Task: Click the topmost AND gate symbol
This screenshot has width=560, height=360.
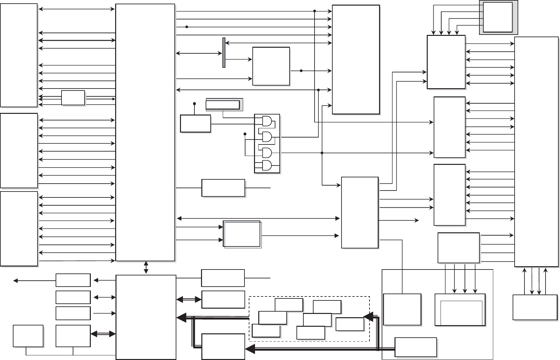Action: click(267, 121)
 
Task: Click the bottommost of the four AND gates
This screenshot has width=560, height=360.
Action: click(267, 166)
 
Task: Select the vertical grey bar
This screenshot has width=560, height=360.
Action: click(224, 53)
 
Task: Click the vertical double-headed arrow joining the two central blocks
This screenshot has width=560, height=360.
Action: click(146, 268)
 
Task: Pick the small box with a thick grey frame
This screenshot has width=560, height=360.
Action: click(498, 17)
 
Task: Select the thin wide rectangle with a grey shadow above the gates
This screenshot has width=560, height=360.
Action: click(223, 105)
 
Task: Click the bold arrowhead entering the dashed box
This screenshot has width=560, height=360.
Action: click(368, 317)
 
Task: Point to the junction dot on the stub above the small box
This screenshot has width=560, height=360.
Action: click(194, 104)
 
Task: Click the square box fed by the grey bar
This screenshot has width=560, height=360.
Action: click(271, 66)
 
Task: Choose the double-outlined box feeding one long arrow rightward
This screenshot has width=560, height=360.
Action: click(242, 234)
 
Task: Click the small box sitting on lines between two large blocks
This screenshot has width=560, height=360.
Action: click(73, 98)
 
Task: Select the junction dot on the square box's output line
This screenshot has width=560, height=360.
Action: click(301, 71)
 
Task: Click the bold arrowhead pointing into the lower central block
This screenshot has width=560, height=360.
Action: click(181, 318)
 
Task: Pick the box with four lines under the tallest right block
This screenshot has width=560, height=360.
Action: click(535, 307)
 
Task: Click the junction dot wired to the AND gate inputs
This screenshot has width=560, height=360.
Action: click(245, 134)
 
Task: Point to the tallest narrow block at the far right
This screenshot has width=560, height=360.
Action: click(536, 151)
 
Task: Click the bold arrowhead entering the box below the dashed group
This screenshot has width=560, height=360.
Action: click(250, 349)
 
